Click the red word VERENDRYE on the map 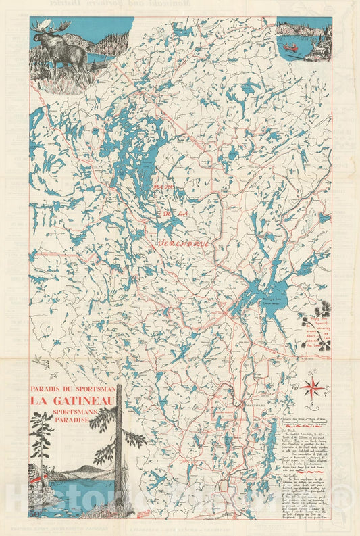point(183,240)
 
